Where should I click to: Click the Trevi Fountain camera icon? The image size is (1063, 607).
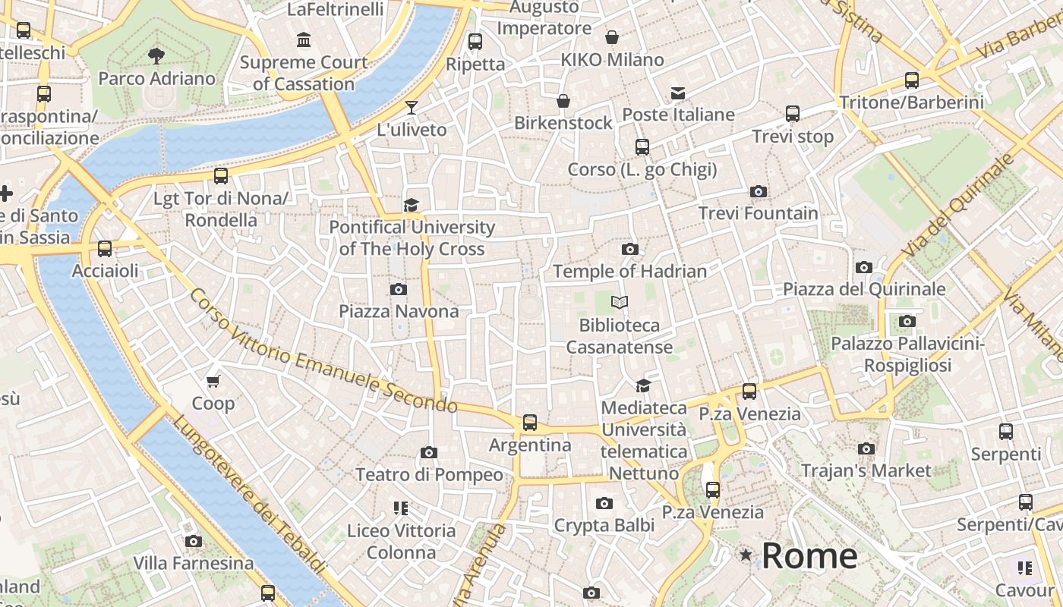click(x=758, y=192)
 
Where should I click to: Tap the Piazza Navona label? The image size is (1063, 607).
click(x=399, y=311)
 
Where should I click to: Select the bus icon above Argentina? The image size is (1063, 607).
click(x=530, y=423)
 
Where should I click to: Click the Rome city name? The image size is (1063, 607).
click(x=809, y=556)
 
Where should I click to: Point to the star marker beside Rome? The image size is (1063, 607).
click(x=746, y=556)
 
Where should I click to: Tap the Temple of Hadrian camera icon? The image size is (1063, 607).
click(x=629, y=249)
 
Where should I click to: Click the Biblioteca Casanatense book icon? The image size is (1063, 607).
click(x=620, y=303)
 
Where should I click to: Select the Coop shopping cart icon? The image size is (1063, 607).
click(x=213, y=381)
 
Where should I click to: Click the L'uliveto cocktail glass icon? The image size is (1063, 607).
click(x=412, y=108)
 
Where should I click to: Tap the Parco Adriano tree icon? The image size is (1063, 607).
click(x=156, y=55)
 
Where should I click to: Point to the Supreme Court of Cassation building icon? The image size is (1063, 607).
click(x=304, y=39)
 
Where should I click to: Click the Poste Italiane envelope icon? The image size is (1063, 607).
click(x=677, y=93)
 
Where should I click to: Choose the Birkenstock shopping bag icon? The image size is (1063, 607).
click(x=563, y=101)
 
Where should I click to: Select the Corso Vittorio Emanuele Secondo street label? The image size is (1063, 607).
click(x=323, y=351)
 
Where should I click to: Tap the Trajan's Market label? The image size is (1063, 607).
click(x=866, y=470)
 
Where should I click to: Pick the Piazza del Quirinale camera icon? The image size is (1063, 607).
click(x=864, y=267)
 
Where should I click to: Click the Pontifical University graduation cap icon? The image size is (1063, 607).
click(x=412, y=205)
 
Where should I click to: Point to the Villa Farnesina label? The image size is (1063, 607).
click(x=194, y=563)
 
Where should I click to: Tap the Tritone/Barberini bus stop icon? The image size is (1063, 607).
click(x=912, y=80)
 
